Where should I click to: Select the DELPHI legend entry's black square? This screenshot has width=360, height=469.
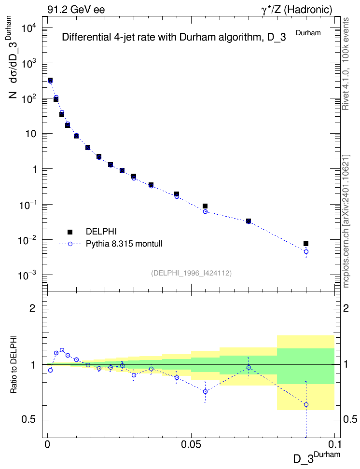tap(70, 232)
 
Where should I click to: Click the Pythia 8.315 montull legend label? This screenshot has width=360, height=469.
tap(124, 244)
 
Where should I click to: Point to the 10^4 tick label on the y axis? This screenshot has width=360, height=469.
tap(29, 28)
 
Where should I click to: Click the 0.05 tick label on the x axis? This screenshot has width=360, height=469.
tap(191, 443)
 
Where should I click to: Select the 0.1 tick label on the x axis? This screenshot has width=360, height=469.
tap(334, 443)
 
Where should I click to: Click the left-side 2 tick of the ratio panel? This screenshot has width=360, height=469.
tap(32, 308)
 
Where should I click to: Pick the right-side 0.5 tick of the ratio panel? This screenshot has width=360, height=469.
tap(350, 419)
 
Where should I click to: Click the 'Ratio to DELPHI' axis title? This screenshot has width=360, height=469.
tap(14, 364)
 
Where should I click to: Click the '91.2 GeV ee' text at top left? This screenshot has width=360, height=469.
tap(76, 10)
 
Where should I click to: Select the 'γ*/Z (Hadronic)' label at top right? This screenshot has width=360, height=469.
tap(297, 10)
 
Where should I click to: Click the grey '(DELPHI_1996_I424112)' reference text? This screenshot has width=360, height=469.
tap(192, 273)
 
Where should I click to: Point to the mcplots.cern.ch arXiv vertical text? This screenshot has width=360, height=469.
tap(346, 221)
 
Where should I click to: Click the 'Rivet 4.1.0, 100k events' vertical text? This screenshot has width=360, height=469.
tap(346, 64)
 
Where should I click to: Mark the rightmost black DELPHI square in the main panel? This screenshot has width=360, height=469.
tap(306, 244)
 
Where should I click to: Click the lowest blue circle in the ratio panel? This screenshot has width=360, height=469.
tap(306, 405)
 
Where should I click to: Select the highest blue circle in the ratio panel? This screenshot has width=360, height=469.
tap(62, 350)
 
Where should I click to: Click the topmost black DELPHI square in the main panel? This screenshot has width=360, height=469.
tap(50, 80)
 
